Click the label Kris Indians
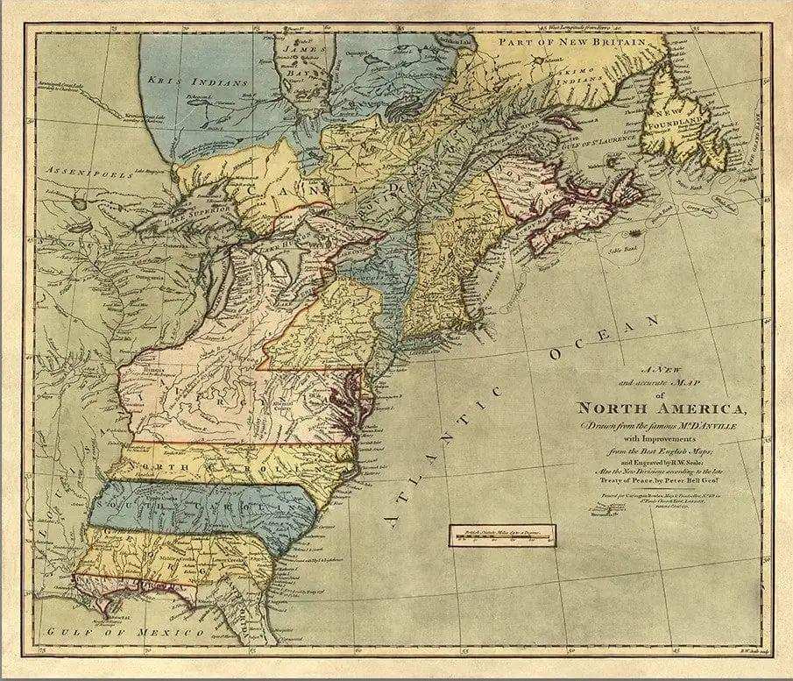198,80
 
